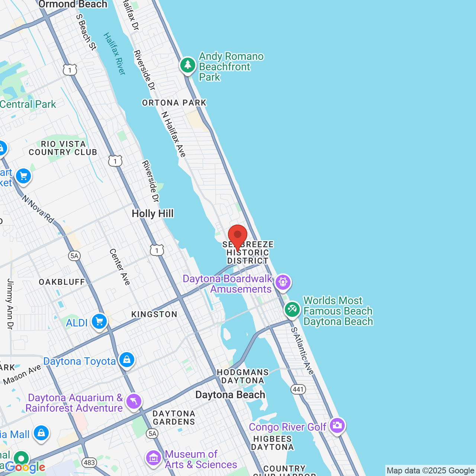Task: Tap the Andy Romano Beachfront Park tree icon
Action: tap(188, 65)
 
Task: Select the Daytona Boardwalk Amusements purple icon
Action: tap(283, 282)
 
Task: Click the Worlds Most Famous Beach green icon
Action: tap(292, 309)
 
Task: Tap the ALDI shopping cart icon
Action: tap(99, 322)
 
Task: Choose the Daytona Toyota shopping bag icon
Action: tap(127, 360)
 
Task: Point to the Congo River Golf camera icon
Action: tap(337, 425)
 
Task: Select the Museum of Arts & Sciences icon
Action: tap(153, 458)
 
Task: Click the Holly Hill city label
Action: tap(152, 214)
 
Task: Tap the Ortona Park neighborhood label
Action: tap(174, 103)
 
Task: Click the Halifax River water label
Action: tap(115, 54)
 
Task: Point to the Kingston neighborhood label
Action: tap(154, 315)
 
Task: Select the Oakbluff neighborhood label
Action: tap(62, 282)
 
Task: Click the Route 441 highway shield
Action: tap(298, 389)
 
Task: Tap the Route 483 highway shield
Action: tap(89, 463)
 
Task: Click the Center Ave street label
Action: tap(120, 267)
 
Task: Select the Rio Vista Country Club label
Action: tap(63, 148)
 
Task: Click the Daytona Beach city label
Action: tap(230, 395)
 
